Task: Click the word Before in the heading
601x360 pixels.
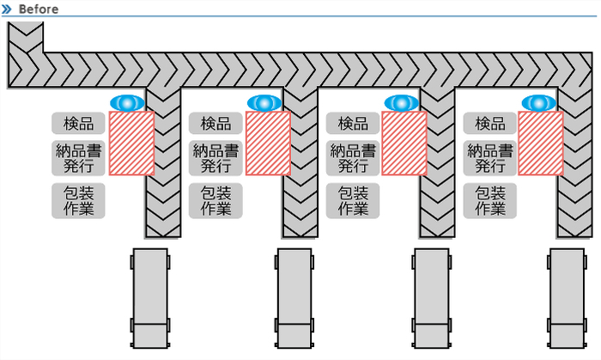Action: pyautogui.click(x=38, y=9)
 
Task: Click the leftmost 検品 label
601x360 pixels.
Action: pyautogui.click(x=78, y=124)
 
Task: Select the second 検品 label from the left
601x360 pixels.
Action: pyautogui.click(x=216, y=124)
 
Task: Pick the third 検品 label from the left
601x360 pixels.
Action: pyautogui.click(x=353, y=124)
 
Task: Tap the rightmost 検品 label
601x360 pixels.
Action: pyautogui.click(x=490, y=124)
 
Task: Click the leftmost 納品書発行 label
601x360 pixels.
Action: pyautogui.click(x=78, y=158)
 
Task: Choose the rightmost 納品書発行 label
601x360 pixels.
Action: pyautogui.click(x=490, y=158)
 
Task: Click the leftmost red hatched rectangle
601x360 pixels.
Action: pyautogui.click(x=131, y=143)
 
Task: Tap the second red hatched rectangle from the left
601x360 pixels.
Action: pyautogui.click(x=268, y=143)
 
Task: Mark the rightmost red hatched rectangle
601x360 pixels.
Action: pyautogui.click(x=541, y=143)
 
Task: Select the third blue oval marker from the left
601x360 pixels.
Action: pyautogui.click(x=401, y=103)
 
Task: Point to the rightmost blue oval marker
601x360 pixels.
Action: pyautogui.click(x=538, y=103)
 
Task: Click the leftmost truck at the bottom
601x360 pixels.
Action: pyautogui.click(x=150, y=297)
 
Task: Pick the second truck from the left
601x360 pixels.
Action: pyautogui.click(x=294, y=297)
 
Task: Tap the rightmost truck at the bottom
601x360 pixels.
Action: pyautogui.click(x=567, y=297)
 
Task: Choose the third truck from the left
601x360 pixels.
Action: pyautogui.click(x=431, y=297)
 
